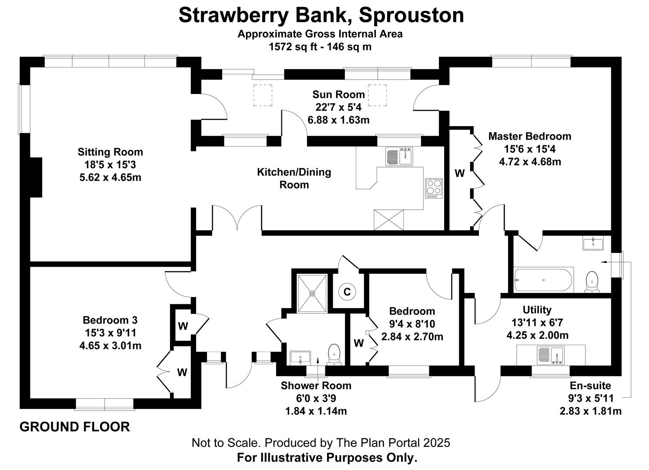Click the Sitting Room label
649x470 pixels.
coord(110,152)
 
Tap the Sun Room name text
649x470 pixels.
coord(338,94)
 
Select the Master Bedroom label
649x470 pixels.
coord(530,136)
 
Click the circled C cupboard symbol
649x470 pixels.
coord(347,292)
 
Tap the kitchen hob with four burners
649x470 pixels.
coord(434,188)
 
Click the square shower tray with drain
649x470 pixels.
coord(312,293)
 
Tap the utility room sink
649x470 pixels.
coord(551,356)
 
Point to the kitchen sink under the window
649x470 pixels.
coord(399,157)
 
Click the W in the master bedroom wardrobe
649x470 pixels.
coord(459,173)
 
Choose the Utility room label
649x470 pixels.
coord(537,310)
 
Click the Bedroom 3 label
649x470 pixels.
coord(110,320)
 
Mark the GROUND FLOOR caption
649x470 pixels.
coord(75,427)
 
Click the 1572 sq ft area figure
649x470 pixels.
coord(293,47)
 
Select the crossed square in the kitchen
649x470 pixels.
coord(388,220)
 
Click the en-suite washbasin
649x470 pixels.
coord(593,243)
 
